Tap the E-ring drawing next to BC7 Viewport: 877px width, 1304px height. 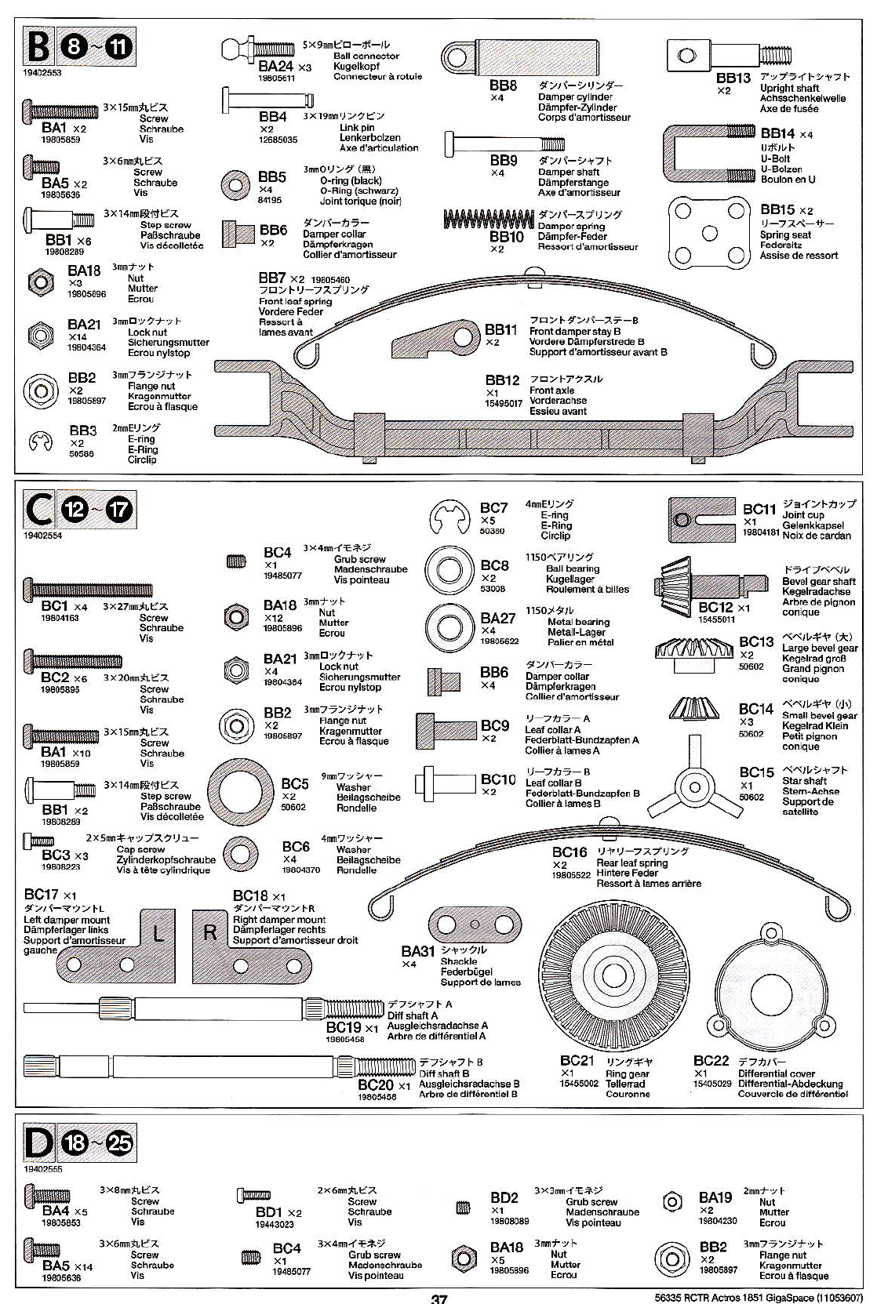tap(449, 518)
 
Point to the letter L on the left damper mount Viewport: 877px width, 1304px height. tap(158, 933)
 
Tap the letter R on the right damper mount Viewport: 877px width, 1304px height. tap(209, 933)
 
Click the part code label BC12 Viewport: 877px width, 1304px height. tap(715, 607)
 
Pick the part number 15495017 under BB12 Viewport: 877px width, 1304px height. tap(504, 403)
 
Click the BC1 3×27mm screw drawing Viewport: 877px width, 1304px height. tap(88, 589)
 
